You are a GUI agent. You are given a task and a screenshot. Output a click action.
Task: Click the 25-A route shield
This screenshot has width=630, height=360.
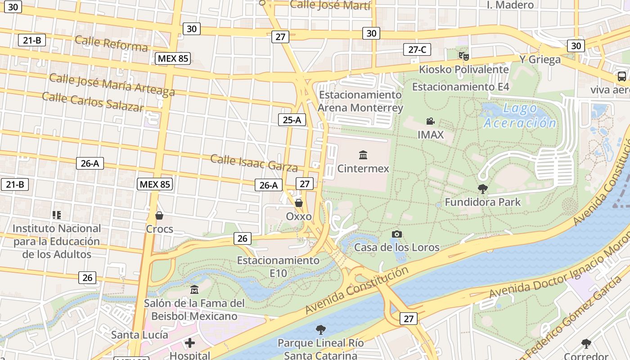292,120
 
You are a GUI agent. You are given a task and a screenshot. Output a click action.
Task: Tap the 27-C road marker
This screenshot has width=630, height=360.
417,49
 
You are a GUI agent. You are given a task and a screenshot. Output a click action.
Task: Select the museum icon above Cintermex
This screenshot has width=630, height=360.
363,155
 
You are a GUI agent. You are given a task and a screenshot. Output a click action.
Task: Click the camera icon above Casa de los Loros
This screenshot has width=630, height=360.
396,234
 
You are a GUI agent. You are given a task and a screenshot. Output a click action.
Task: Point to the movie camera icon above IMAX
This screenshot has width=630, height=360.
431,121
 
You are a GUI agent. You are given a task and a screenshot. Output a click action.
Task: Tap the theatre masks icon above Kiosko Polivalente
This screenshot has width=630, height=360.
463,56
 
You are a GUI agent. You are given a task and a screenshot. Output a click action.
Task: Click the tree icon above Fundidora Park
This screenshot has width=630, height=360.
483,189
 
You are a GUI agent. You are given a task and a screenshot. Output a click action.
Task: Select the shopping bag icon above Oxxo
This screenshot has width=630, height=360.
299,203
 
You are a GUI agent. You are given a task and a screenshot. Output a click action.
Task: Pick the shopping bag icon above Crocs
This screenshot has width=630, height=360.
159,216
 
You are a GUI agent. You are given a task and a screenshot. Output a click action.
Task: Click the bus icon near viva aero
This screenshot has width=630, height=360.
621,76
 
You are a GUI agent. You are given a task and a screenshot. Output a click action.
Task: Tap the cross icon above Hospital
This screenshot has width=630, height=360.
190,343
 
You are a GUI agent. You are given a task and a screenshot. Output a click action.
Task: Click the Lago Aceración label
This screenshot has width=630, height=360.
520,116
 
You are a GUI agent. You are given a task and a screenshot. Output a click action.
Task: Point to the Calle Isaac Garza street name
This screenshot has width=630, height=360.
254,163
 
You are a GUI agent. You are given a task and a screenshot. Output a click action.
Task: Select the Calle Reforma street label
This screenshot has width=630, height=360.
111,43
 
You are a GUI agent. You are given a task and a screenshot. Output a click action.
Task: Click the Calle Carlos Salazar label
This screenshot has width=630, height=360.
93,102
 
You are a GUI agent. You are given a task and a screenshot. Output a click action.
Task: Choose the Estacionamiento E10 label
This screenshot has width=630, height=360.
278,266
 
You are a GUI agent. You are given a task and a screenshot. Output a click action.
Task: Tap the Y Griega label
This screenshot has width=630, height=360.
540,59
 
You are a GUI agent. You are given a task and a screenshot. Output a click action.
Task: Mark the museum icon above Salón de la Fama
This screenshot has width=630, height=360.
194,289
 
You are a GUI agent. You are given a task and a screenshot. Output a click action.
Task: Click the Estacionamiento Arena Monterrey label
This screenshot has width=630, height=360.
360,101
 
